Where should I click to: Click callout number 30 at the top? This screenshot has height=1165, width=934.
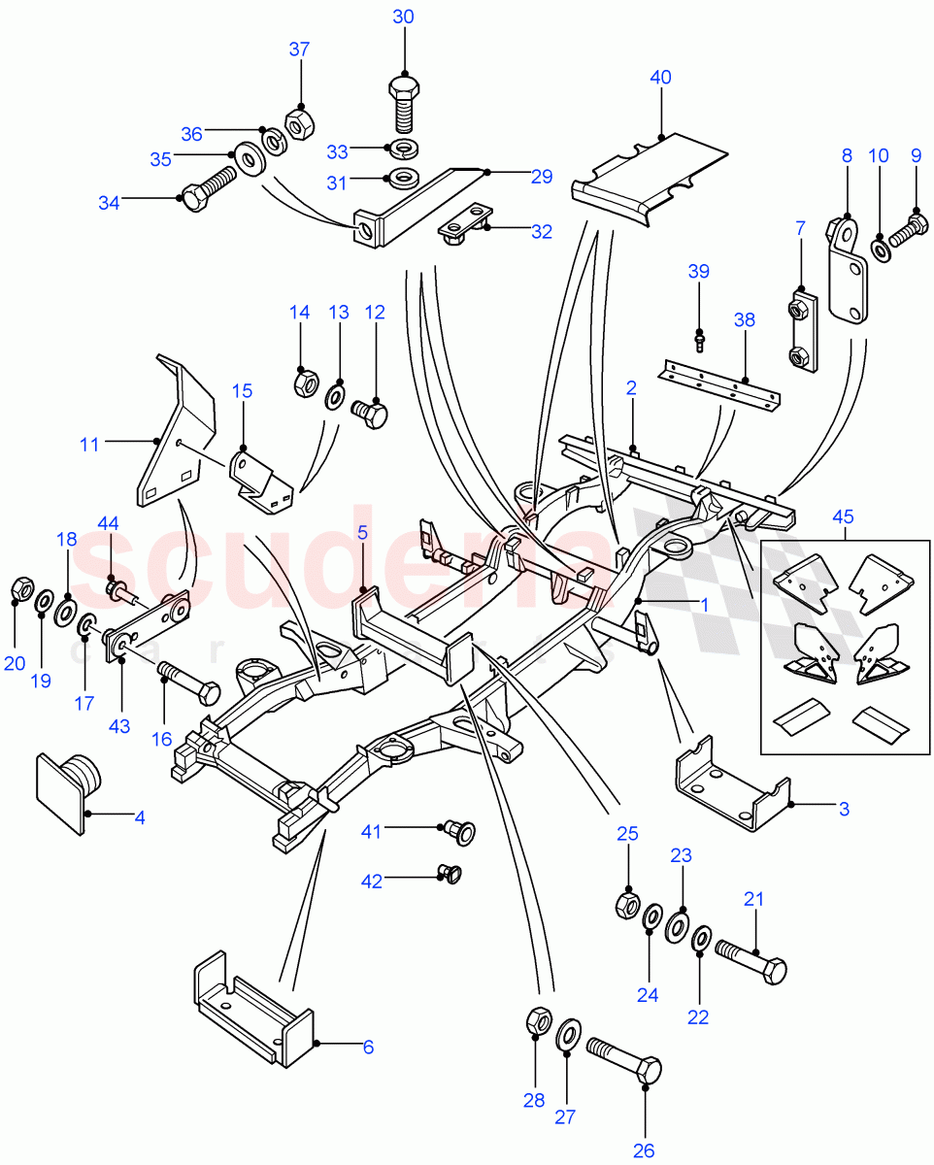pos(403,17)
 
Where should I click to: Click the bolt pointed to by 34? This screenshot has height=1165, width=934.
pos(207,187)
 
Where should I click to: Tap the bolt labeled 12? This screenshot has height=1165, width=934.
pos(370,415)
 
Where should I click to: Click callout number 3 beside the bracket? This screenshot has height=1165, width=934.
pos(844,807)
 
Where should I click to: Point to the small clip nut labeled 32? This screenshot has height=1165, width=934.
pos(463,226)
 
